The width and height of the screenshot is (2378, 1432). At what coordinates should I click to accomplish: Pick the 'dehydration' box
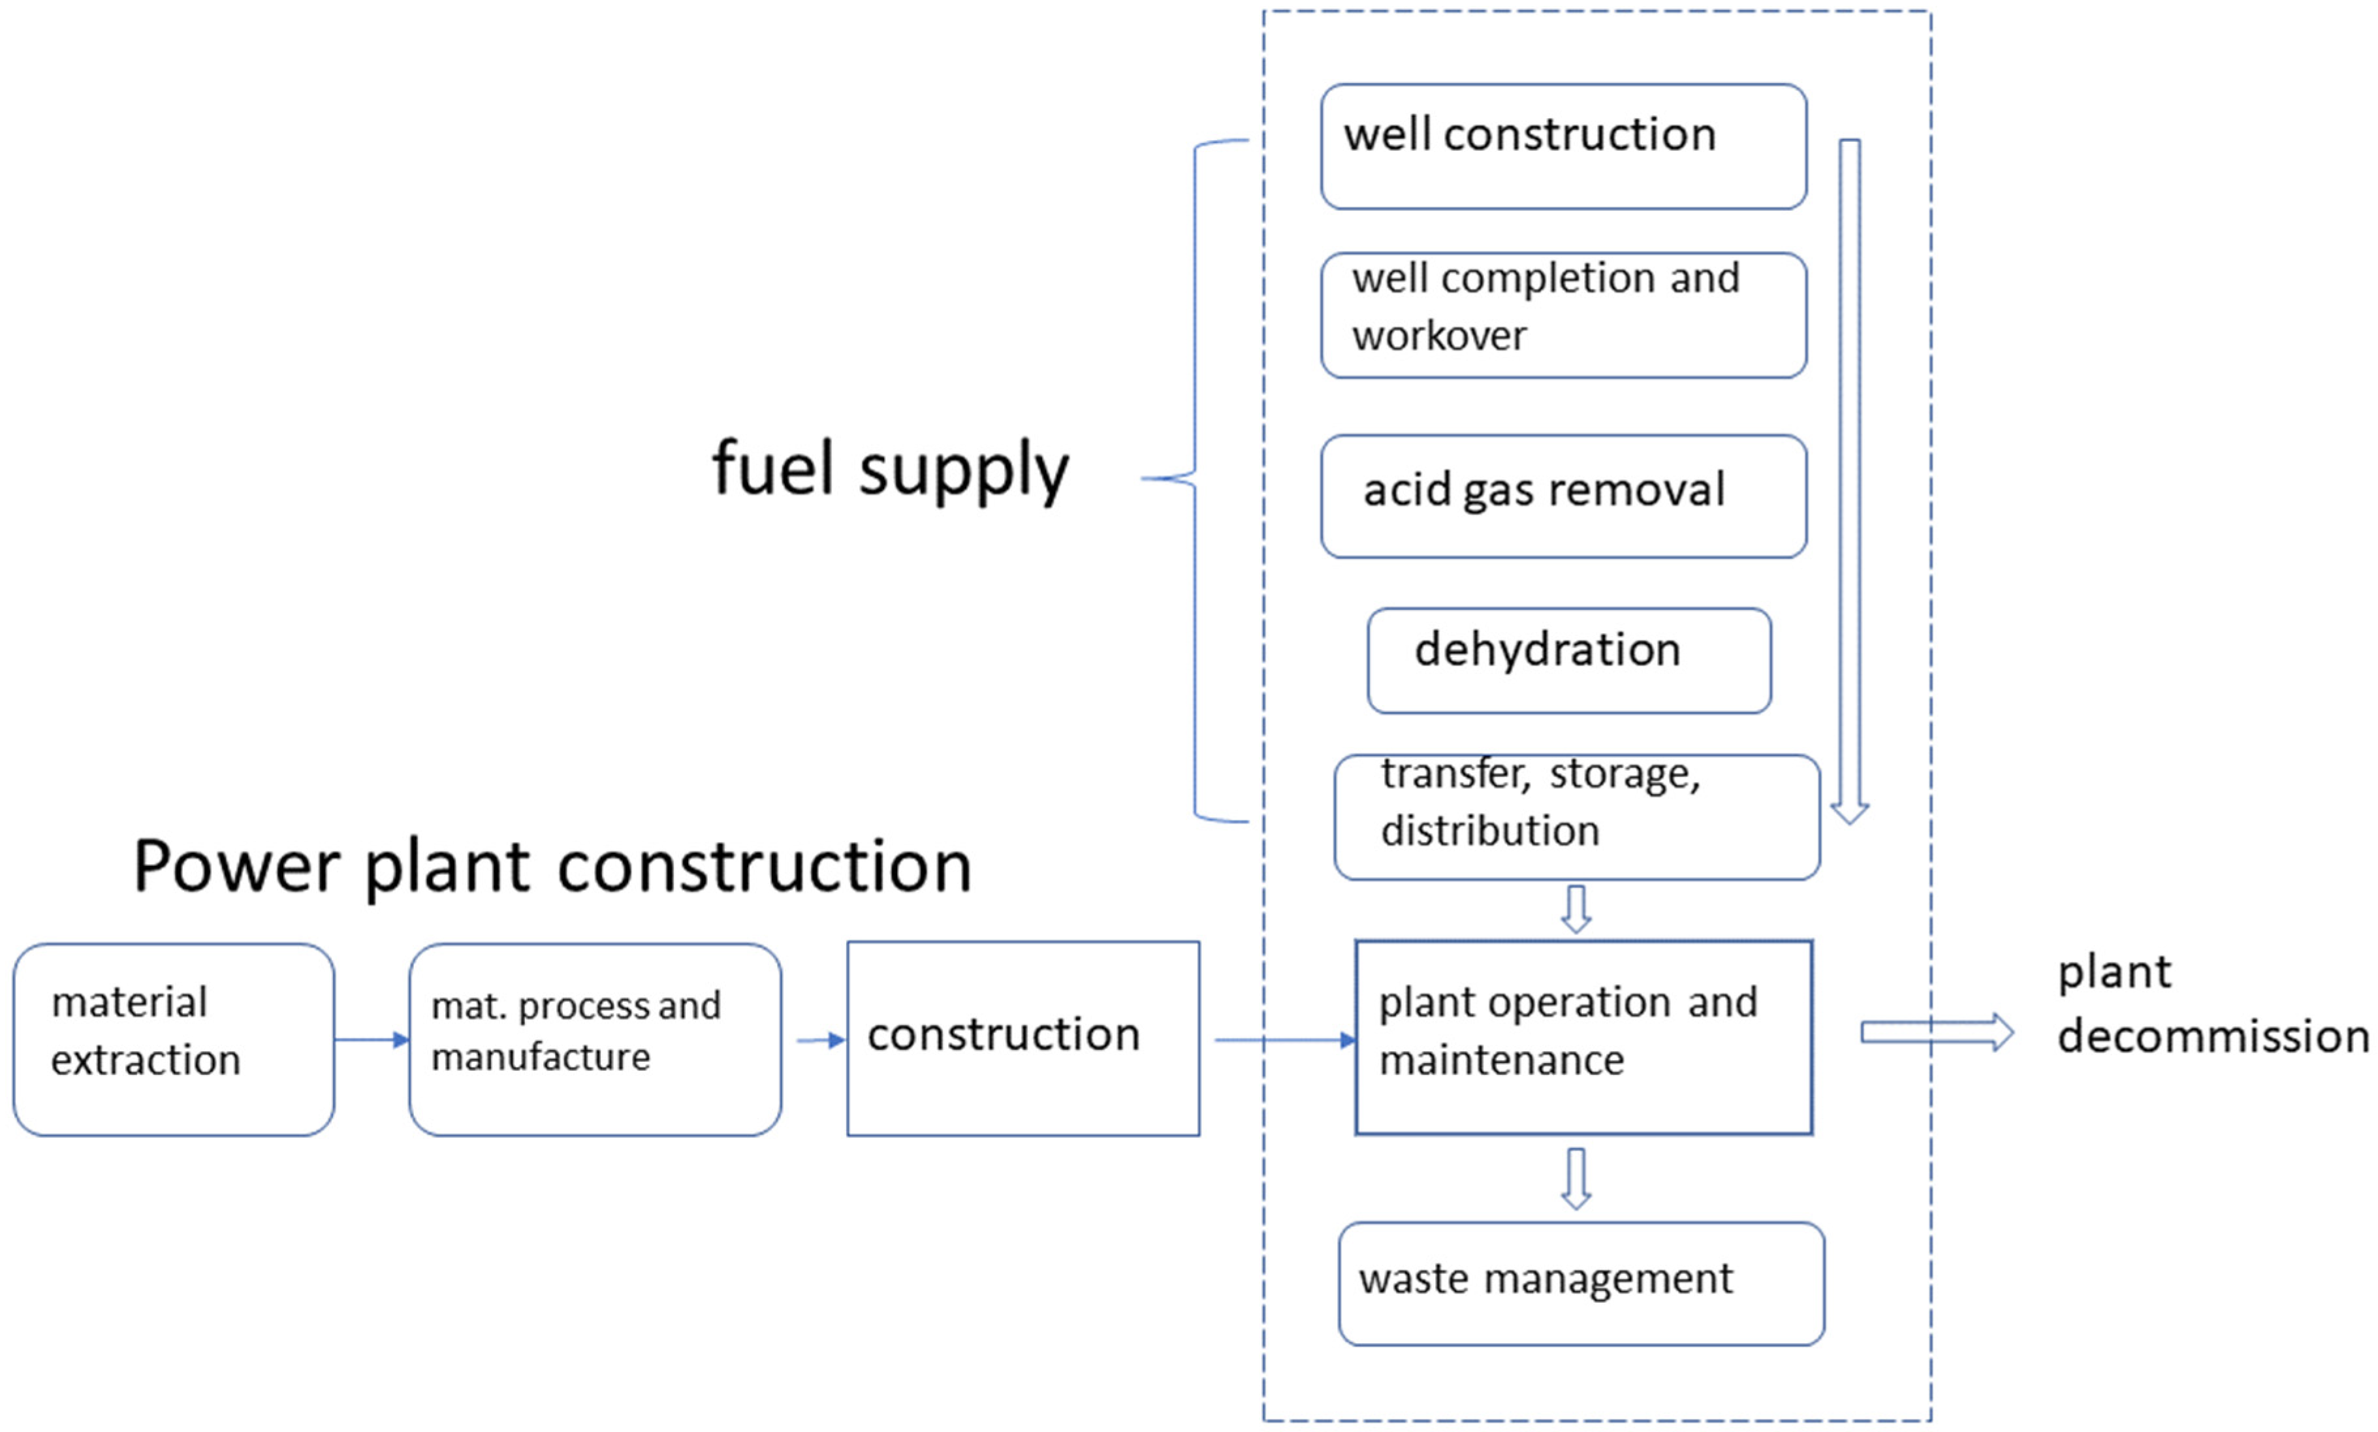1568,660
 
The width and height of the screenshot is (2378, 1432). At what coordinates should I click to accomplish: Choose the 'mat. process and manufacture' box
594,1040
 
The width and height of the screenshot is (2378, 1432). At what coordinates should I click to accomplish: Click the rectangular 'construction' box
1022,1038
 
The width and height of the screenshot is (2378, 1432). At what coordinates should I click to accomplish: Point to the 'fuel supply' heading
889,469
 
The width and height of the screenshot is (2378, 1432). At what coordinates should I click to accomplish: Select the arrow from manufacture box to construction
820,1040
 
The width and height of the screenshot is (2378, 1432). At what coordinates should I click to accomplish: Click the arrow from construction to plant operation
1283,1040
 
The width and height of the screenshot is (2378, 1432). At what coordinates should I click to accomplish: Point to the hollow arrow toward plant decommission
1934,1032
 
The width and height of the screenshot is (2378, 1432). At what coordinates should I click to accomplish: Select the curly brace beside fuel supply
1194,479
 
